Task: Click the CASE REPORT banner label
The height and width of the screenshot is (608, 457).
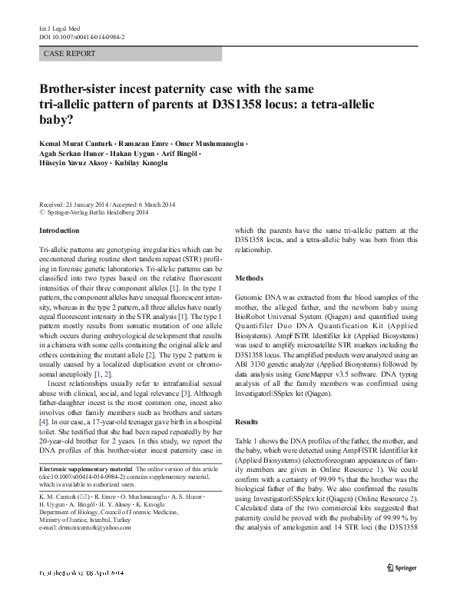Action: (70, 54)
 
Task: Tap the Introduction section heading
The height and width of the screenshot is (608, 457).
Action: (59, 231)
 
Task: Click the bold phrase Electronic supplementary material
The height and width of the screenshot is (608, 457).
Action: (85, 469)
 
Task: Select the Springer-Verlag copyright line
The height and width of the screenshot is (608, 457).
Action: (94, 212)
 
